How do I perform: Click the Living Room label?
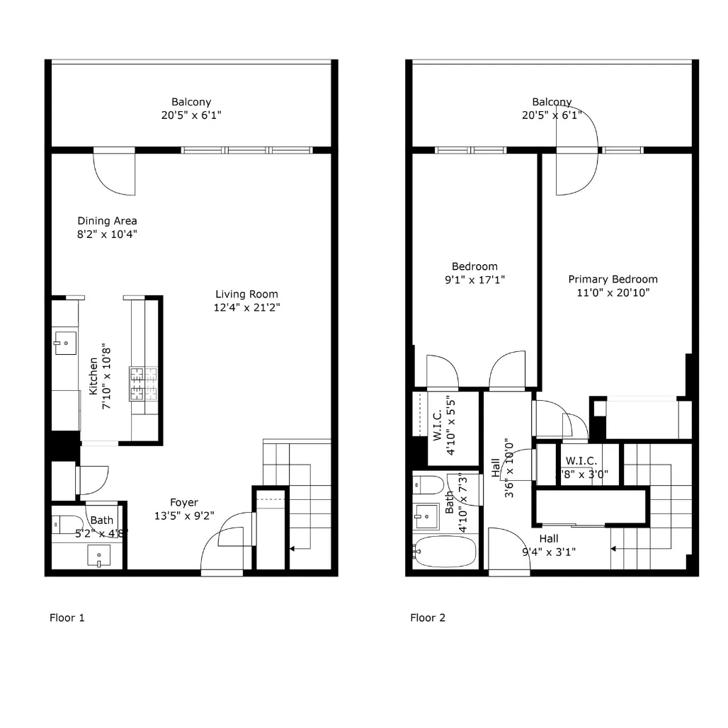tap(246, 295)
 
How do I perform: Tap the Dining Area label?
tap(107, 221)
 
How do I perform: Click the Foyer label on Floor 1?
tap(183, 504)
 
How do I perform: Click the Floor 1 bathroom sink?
tap(98, 556)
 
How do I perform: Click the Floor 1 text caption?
tap(67, 618)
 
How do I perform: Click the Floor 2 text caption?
tap(428, 618)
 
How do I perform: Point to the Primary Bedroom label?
tap(613, 279)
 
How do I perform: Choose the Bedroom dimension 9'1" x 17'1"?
tap(474, 280)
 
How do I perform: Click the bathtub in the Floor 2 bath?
tap(447, 552)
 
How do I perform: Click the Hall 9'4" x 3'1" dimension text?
tap(548, 552)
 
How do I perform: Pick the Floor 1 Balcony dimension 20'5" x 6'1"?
tap(191, 115)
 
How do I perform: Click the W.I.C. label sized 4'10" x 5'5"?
tap(438, 425)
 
